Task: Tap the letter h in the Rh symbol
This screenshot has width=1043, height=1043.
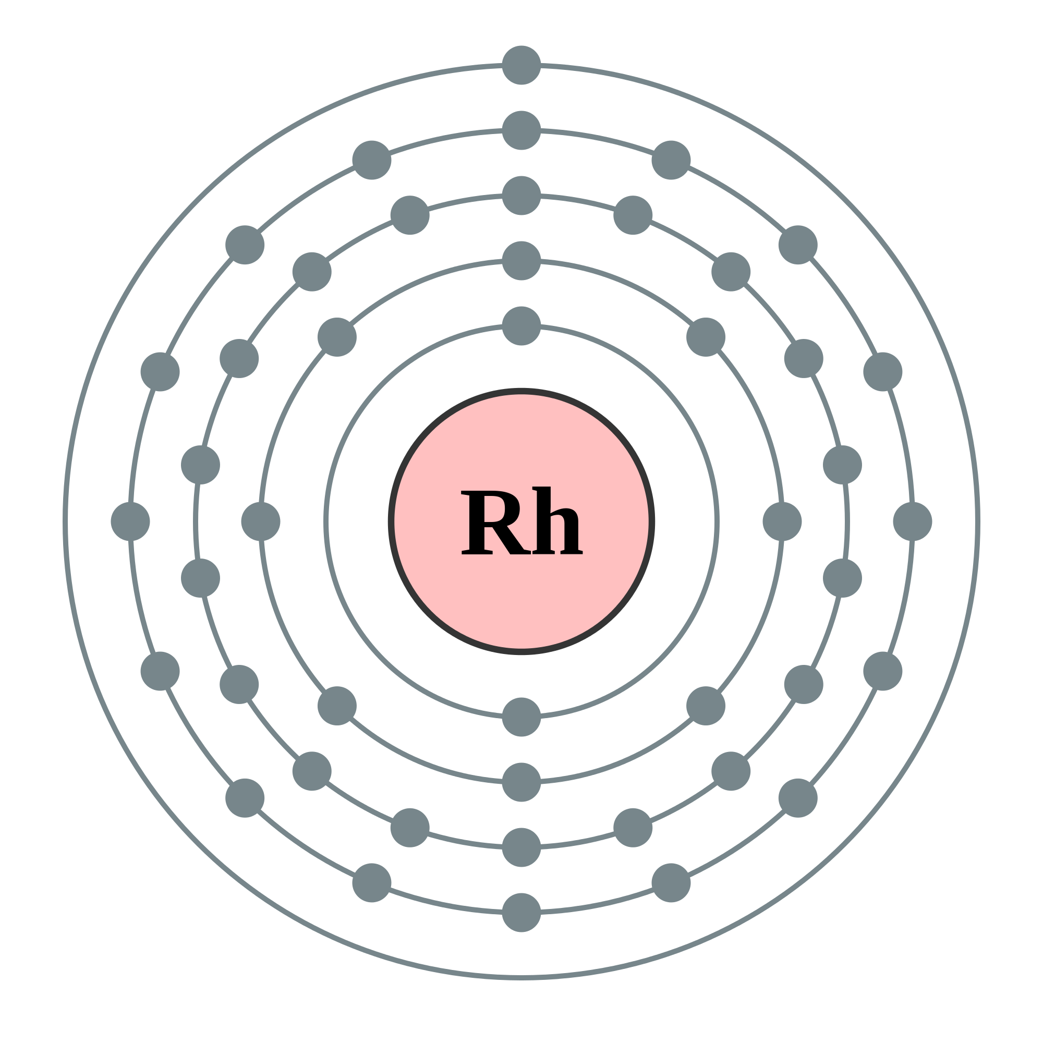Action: [x=557, y=520]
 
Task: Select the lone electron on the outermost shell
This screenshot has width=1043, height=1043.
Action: [x=521, y=65]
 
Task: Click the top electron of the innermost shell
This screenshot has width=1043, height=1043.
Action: [x=521, y=326]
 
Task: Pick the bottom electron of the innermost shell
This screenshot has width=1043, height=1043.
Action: [x=521, y=718]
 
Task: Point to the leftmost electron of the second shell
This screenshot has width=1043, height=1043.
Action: [x=261, y=521]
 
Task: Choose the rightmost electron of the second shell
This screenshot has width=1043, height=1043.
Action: [x=782, y=521]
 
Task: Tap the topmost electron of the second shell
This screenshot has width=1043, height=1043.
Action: [x=521, y=261]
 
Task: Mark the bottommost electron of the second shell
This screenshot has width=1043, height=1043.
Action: [x=521, y=783]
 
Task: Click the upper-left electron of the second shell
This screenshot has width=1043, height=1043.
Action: [x=337, y=337]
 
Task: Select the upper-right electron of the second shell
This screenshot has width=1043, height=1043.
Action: [x=706, y=337]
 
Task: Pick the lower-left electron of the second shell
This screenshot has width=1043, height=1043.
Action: [x=337, y=706]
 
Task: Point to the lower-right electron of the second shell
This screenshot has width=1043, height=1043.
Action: [x=706, y=706]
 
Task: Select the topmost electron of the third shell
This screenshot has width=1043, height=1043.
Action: [x=521, y=196]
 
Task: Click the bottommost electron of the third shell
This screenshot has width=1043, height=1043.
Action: [x=521, y=847]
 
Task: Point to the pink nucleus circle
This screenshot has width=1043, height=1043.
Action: [x=521, y=594]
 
